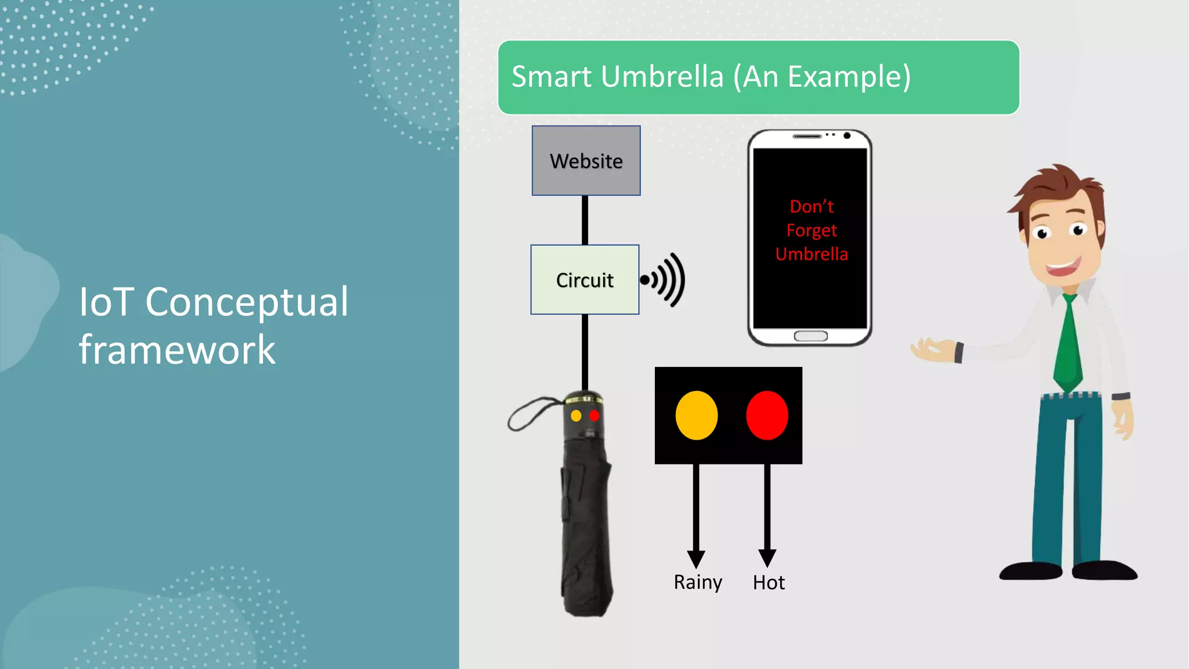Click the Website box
[586, 160]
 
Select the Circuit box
[585, 280]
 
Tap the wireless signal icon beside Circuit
[664, 280]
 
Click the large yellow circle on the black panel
[696, 415]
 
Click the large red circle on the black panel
[767, 415]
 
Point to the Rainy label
[697, 582]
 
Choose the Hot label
[769, 582]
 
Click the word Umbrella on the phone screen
[811, 254]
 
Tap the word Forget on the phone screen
[811, 231]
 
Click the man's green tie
[1068, 343]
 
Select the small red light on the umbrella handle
[594, 416]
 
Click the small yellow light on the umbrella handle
[576, 416]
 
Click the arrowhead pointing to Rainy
[696, 559]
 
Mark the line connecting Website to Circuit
[585, 220]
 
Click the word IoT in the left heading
[106, 302]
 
